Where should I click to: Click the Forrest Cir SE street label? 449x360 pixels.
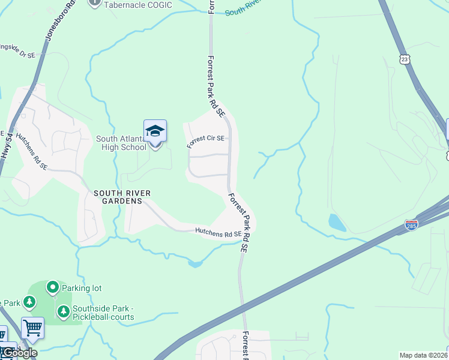point(205,142)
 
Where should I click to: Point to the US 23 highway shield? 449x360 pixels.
point(405,59)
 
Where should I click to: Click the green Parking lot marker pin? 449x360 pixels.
point(53,287)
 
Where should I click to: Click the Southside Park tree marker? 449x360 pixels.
point(63,311)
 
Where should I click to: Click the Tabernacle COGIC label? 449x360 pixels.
point(138,5)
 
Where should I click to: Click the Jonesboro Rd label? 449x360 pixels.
point(61,20)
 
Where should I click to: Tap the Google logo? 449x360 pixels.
point(19,353)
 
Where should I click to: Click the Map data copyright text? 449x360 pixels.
point(424,355)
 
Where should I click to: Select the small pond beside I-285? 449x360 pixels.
point(337,223)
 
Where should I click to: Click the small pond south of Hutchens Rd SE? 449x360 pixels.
point(194,263)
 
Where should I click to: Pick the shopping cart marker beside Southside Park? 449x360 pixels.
point(32,328)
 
